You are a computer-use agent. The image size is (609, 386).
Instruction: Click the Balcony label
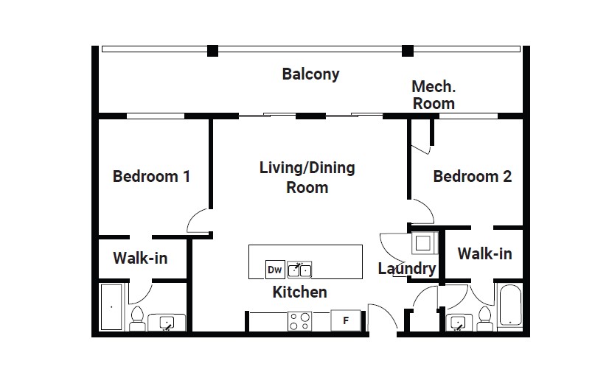310,74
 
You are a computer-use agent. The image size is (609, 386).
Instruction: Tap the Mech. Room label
434,95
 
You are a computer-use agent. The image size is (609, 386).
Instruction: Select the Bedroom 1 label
151,177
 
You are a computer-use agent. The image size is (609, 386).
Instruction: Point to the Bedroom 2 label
473,177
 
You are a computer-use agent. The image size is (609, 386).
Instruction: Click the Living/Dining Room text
307,178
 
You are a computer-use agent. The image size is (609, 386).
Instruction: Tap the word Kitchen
299,292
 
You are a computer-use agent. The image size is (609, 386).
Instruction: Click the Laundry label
407,268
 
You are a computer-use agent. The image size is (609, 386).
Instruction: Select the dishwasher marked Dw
275,270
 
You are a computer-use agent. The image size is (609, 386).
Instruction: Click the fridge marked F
346,320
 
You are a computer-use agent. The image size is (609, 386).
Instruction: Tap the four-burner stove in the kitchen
299,321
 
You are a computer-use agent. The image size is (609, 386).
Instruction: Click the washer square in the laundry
423,243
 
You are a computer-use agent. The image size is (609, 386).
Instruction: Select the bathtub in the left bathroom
111,307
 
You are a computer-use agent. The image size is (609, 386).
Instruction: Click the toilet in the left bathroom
137,318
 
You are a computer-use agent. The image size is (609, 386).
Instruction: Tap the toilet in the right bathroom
484,318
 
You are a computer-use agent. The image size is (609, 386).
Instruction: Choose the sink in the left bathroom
167,323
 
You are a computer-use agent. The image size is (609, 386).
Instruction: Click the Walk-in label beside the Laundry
484,253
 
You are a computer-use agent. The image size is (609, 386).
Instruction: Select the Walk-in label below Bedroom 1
140,258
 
